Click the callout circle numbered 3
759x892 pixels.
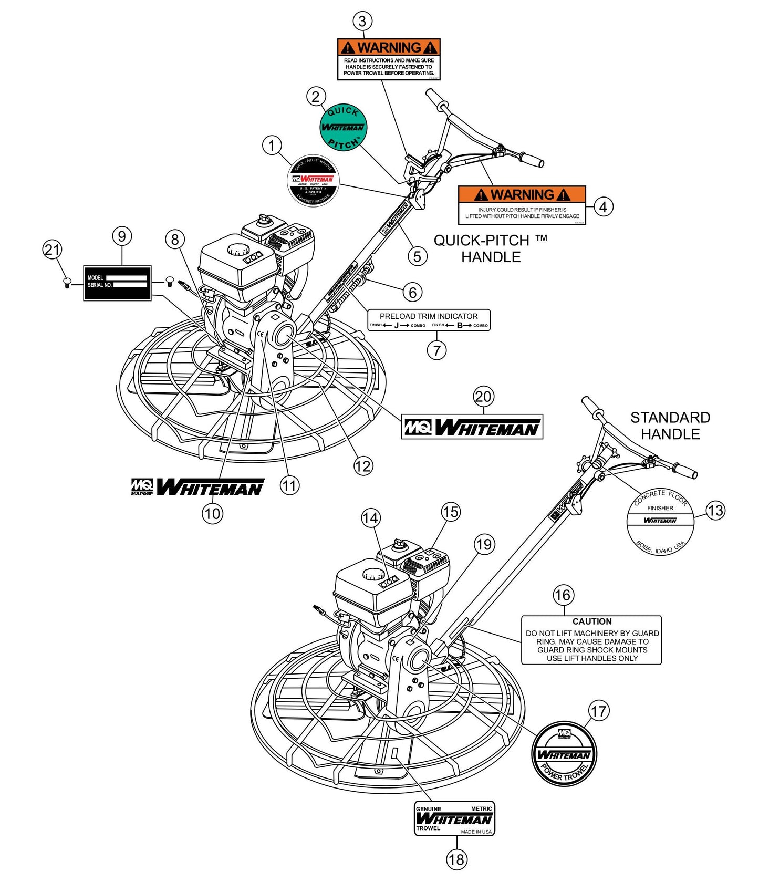pos(362,22)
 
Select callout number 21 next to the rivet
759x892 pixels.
pos(52,250)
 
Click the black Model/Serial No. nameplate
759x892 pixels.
pos(117,283)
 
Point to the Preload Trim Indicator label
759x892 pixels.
pos(429,319)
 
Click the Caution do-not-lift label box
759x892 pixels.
pos(591,640)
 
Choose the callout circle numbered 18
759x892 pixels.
pos(456,859)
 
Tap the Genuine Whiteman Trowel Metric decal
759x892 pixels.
pos(454,818)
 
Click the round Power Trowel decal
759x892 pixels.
pos(564,754)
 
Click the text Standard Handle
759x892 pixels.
pos(670,426)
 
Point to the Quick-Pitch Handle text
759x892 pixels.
pos(491,248)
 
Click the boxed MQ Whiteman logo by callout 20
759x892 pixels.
pos(472,427)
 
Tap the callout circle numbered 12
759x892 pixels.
pos(363,466)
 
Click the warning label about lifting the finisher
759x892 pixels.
pos(522,205)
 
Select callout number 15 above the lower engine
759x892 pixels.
pos(451,512)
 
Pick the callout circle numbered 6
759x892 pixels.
pos(412,293)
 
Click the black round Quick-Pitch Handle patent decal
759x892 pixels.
pos(314,180)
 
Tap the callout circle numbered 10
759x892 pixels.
pos(212,513)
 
